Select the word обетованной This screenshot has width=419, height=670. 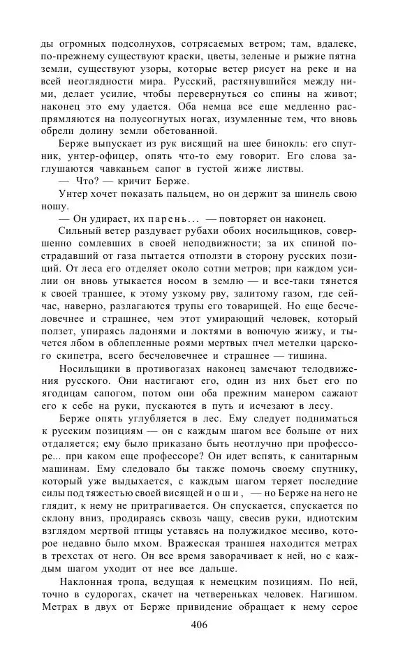tap(226, 133)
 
